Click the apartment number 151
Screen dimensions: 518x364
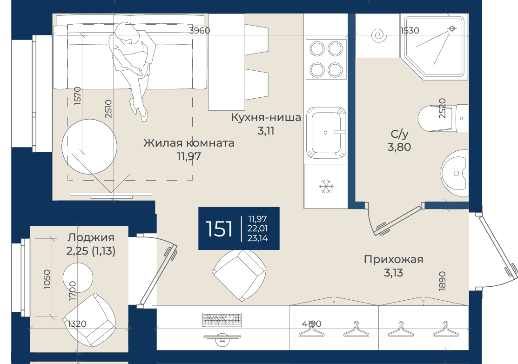219,229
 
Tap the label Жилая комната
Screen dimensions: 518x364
189,143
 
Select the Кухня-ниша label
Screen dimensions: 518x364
266,117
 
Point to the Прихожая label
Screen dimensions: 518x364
393,259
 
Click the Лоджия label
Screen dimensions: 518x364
91,237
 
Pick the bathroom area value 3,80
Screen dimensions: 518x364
399,147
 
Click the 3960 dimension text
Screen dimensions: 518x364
200,30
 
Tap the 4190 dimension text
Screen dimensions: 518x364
311,324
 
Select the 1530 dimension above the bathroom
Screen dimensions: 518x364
410,30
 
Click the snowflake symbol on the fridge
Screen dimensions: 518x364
326,187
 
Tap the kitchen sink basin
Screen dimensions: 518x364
326,133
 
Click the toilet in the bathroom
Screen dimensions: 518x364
443,118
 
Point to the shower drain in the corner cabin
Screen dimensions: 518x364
452,29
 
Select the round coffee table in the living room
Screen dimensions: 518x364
89,147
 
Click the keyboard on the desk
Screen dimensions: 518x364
222,319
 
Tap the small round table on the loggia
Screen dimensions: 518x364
78,278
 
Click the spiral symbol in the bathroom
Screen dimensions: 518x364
378,35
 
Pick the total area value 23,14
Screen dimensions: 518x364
258,238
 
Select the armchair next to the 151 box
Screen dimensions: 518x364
239,275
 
